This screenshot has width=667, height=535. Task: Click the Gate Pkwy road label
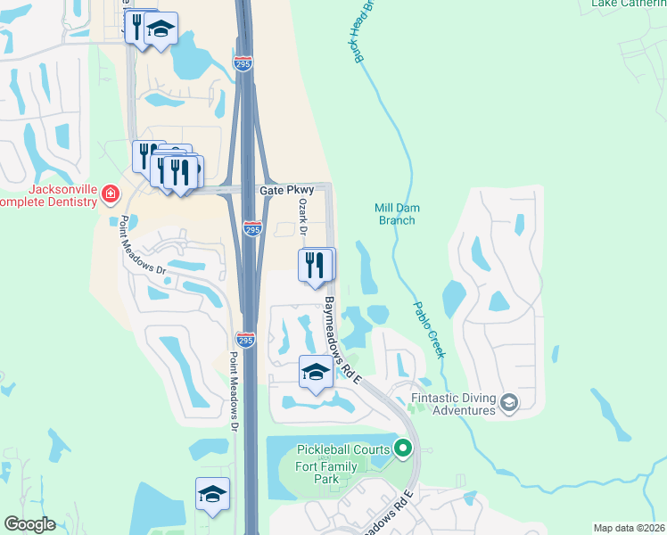tap(283, 191)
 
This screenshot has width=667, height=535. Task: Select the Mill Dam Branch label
tap(397, 214)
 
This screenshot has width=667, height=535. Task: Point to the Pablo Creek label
tap(428, 329)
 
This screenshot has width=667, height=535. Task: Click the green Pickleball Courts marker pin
tap(404, 448)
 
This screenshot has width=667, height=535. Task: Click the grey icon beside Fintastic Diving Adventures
tap(508, 403)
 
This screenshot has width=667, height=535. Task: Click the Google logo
tap(29, 524)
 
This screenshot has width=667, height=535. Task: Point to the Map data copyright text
tap(629, 528)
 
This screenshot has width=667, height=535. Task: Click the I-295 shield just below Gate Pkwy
tap(252, 229)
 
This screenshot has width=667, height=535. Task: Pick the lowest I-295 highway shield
tap(246, 340)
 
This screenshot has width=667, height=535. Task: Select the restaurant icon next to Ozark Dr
tap(315, 265)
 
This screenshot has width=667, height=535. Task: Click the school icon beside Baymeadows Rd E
tap(316, 372)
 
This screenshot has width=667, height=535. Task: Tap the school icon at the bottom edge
tap(212, 493)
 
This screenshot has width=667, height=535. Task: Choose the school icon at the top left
tap(161, 29)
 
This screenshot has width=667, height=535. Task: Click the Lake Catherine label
tap(629, 4)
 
